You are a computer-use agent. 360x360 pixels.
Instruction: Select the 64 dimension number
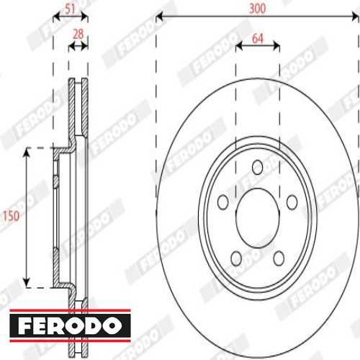tap(257, 37)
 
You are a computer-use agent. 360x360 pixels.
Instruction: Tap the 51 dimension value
tap(70, 9)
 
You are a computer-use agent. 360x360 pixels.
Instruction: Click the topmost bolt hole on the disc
tap(258, 167)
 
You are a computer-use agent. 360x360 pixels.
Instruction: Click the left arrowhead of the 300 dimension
tap(159, 16)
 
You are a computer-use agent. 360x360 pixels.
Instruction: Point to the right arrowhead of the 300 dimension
tap(356, 16)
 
